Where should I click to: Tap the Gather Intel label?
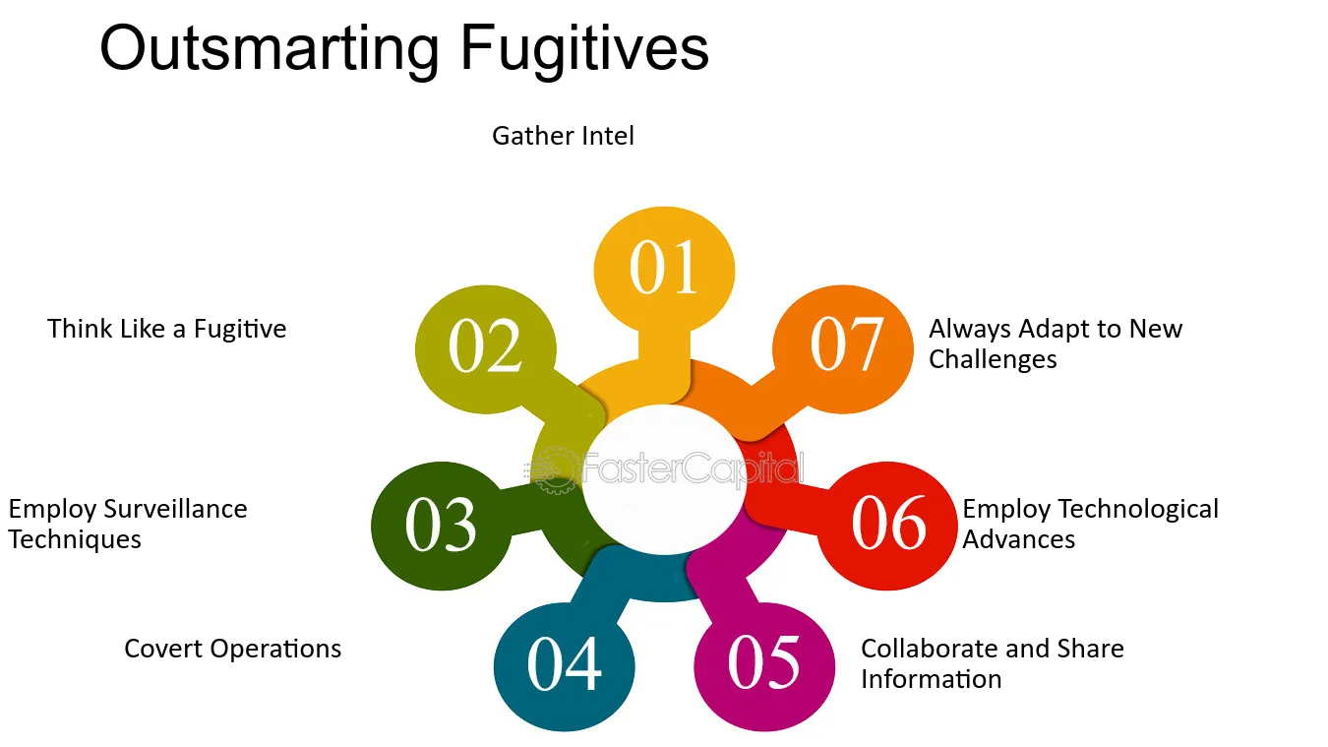pyautogui.click(x=564, y=136)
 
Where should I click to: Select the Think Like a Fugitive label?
pyautogui.click(x=166, y=330)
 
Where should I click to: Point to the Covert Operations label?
pyautogui.click(x=232, y=650)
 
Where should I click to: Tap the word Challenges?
pyautogui.click(x=993, y=360)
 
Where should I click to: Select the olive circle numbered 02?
pyautogui.click(x=486, y=348)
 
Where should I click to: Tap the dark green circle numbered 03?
pyautogui.click(x=441, y=526)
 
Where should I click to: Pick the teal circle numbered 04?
pyautogui.click(x=564, y=666)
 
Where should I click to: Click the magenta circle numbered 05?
pyautogui.click(x=764, y=666)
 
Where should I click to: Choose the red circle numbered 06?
pyautogui.click(x=887, y=526)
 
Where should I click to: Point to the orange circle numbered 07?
pyautogui.click(x=843, y=348)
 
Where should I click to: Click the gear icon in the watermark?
pyautogui.click(x=555, y=471)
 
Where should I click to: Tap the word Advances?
pyautogui.click(x=1018, y=540)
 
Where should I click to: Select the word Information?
pyautogui.click(x=932, y=679)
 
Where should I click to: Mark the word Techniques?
pyautogui.click(x=75, y=540)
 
